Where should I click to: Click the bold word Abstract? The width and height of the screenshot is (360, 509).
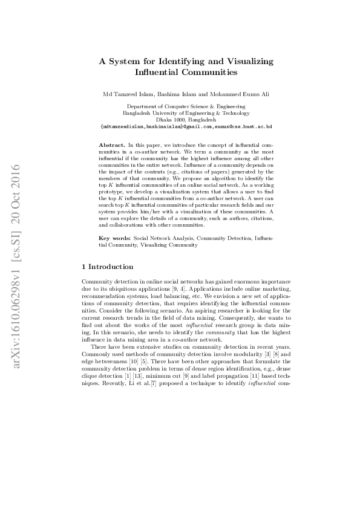(x=112, y=146)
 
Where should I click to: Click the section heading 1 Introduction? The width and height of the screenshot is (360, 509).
(x=108, y=266)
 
